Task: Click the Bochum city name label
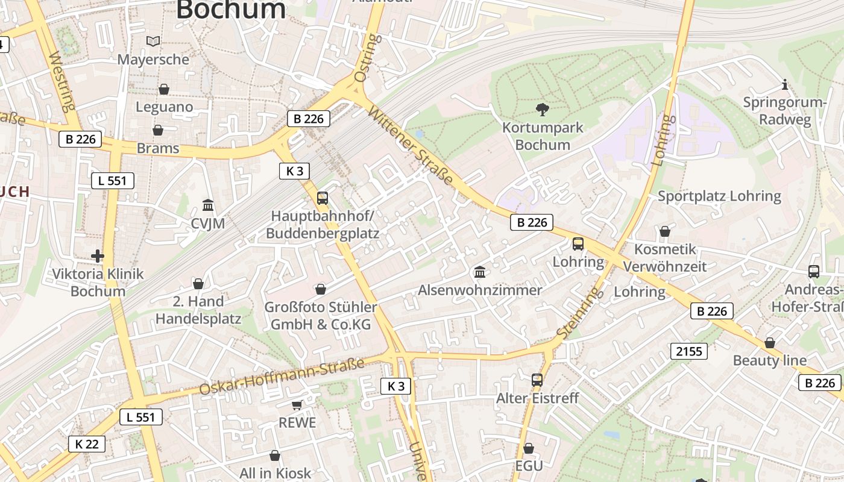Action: coord(231,10)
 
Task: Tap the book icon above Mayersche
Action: coord(154,41)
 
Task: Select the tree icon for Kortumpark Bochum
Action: coord(543,109)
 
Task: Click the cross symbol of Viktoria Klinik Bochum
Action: coord(98,256)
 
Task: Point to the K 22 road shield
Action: coord(87,444)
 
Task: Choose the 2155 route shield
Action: coord(689,351)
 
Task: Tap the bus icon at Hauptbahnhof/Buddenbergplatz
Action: coord(323,198)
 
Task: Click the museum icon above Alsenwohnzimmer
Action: coord(480,272)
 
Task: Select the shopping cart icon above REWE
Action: coord(297,405)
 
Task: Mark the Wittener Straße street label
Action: coord(411,145)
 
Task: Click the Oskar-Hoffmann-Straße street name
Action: coord(282,377)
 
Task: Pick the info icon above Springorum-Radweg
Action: coord(784,84)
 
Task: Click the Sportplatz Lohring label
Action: coord(719,196)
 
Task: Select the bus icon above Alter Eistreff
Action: coord(537,380)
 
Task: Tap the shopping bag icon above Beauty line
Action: coord(770,343)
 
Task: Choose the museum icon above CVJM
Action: coord(208,205)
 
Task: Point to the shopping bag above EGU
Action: coord(529,448)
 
